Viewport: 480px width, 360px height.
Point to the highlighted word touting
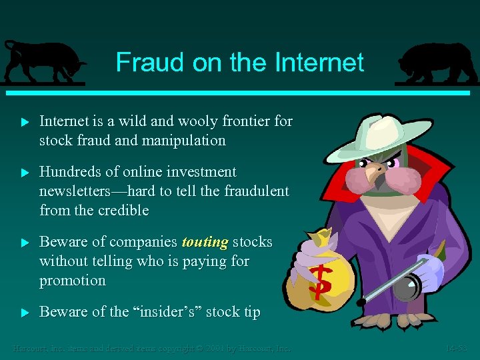[x=205, y=241]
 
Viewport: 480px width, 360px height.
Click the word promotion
[x=73, y=281]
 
